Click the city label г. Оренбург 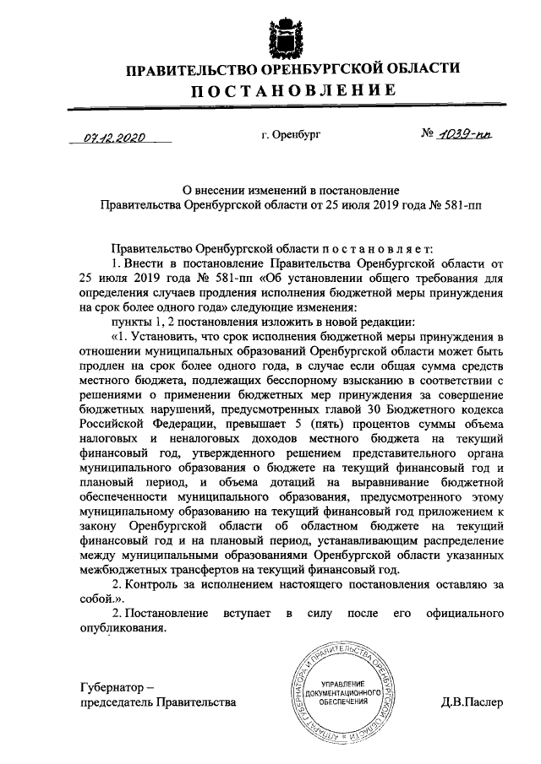292,134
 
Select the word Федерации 165,425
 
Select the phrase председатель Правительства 158,702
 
